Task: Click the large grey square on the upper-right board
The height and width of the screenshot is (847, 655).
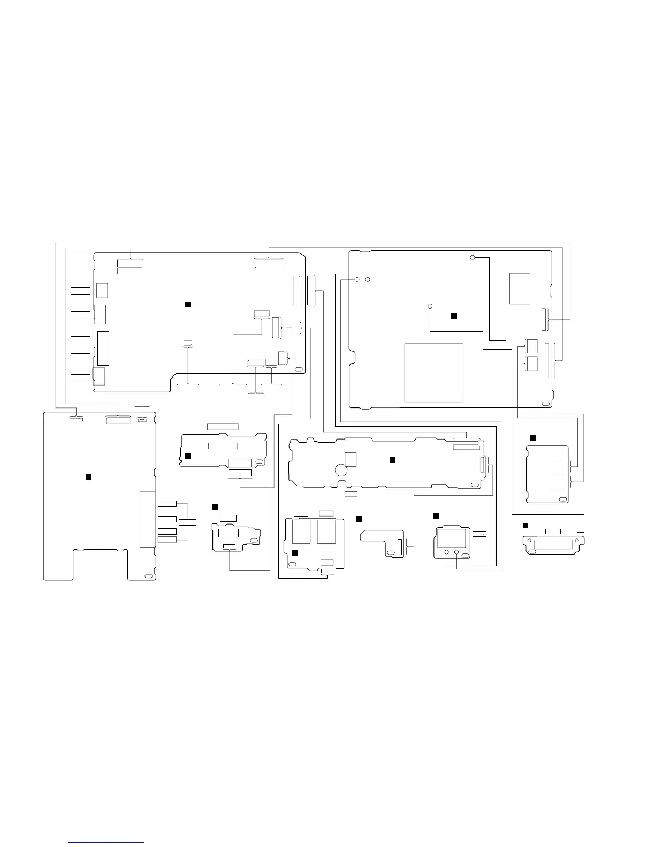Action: click(x=433, y=372)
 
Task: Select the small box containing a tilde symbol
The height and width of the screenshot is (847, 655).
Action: click(x=479, y=534)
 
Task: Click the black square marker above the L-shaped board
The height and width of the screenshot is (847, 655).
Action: click(x=359, y=519)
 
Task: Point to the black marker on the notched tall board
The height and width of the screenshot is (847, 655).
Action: click(x=88, y=476)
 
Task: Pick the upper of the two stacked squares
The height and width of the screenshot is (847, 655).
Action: click(x=557, y=467)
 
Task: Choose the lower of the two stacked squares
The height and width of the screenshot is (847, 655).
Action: click(x=557, y=482)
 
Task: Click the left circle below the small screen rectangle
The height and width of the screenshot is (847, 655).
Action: click(x=446, y=552)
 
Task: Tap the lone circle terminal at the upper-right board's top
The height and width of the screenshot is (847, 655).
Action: click(x=473, y=258)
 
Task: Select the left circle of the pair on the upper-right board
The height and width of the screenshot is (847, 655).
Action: click(x=357, y=279)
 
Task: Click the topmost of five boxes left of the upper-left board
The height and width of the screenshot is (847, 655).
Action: click(x=80, y=290)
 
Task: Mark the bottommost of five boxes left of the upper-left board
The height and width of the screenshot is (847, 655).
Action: click(x=80, y=378)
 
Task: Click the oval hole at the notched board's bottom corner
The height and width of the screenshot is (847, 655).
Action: click(x=148, y=575)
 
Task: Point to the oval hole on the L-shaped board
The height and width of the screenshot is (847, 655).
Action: click(x=390, y=551)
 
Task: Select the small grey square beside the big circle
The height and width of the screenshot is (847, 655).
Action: click(x=351, y=459)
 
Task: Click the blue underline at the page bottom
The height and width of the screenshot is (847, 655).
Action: click(x=106, y=842)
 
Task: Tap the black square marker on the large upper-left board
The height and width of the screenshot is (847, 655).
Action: click(x=188, y=304)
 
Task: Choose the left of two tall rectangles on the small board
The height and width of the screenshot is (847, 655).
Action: click(x=301, y=532)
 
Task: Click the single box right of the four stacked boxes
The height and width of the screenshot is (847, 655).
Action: click(x=187, y=521)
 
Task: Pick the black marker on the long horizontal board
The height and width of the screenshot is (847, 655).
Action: click(x=392, y=459)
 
